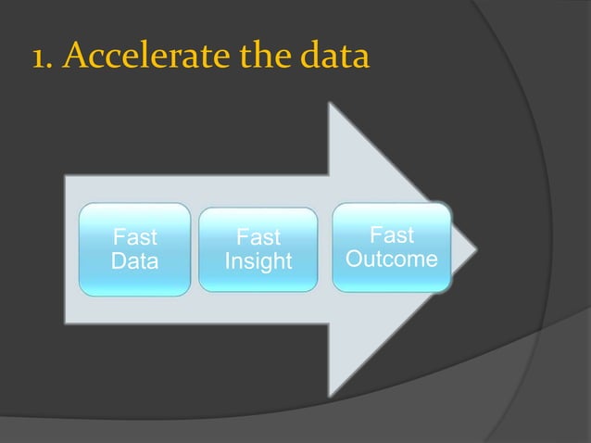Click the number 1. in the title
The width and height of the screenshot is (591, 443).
(43, 57)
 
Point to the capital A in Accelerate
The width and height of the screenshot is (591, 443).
(80, 57)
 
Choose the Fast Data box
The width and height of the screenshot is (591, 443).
(134, 249)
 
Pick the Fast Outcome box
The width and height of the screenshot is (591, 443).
(391, 247)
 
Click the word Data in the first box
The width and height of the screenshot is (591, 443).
(134, 261)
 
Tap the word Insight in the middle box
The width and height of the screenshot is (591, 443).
(258, 262)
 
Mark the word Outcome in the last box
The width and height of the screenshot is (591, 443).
(391, 259)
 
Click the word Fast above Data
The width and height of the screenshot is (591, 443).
(134, 237)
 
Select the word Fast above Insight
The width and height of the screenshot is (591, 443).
(258, 238)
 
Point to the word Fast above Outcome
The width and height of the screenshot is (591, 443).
(391, 234)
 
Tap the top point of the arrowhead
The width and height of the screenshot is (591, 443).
(332, 103)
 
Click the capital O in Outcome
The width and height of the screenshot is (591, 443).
(354, 259)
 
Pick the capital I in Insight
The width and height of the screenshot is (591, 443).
(228, 262)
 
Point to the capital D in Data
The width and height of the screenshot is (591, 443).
(118, 261)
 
